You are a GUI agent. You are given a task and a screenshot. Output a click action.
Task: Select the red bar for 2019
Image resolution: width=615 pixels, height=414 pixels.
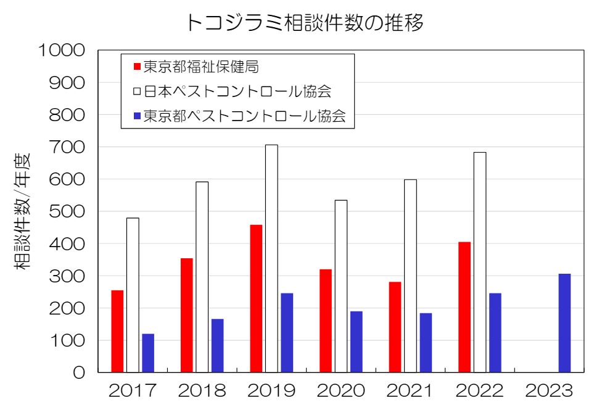coord(256,298)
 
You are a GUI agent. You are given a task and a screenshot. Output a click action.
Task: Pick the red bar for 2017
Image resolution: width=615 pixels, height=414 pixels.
coord(117,331)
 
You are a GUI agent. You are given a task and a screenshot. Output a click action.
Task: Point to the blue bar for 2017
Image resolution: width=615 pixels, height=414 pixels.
coord(148,353)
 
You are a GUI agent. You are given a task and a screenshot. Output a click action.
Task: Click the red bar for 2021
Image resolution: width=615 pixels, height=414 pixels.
coord(395,327)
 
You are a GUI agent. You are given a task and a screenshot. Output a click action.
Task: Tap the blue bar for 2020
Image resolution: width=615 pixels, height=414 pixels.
coord(356,341)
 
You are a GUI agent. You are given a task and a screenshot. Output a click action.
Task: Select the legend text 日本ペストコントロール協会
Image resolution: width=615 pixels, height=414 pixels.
coord(237,91)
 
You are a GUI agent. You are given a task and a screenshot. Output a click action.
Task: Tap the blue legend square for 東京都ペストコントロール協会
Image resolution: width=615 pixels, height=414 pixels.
coord(136,116)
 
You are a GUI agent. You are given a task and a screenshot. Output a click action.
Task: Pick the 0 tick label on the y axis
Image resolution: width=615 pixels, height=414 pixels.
coord(79,373)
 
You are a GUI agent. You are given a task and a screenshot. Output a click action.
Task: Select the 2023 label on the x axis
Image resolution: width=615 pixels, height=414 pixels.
coord(549,391)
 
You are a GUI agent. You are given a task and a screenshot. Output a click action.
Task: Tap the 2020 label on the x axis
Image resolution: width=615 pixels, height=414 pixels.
coord(341,391)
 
